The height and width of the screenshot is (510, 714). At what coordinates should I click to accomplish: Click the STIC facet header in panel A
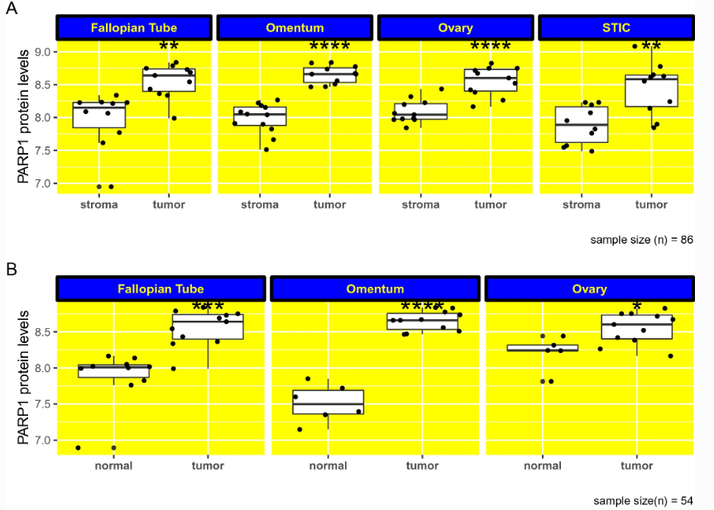[616, 28]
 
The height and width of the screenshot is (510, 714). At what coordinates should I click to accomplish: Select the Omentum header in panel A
[295, 28]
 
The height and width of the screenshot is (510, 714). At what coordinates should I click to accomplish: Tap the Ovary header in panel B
[589, 289]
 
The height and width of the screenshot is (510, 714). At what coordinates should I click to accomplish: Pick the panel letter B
[12, 269]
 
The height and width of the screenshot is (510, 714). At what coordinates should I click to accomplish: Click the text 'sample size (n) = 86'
[641, 240]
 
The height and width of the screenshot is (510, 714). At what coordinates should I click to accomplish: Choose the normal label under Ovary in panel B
[543, 466]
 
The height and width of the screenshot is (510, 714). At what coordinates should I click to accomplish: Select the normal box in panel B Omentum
[328, 402]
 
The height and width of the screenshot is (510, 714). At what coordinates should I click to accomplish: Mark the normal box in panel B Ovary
[543, 348]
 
